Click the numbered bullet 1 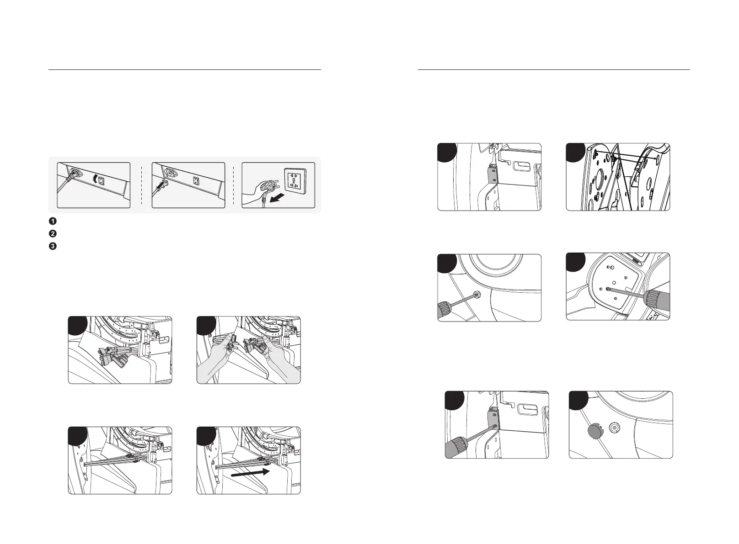click(53, 221)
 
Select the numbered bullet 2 click(53, 233)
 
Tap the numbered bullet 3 click(53, 246)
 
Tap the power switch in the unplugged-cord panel click(196, 181)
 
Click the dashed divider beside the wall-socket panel click(234, 185)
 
